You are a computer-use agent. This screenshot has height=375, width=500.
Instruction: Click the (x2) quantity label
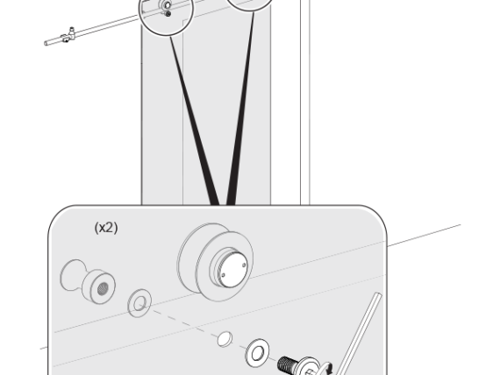(106, 228)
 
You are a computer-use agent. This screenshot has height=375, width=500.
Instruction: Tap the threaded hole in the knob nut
(103, 289)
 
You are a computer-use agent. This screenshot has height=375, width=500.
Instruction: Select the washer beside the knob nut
(139, 303)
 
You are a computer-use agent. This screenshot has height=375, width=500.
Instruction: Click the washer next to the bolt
(257, 353)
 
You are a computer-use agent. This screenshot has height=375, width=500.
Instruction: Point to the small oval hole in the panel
(225, 339)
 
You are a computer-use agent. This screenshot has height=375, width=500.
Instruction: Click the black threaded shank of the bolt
(288, 364)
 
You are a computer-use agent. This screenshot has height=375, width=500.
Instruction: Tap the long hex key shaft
(358, 334)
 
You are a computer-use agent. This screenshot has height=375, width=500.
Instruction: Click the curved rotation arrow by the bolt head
(327, 368)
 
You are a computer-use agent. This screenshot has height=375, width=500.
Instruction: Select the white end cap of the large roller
(232, 270)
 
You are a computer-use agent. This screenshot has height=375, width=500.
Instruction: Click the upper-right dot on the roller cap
(244, 265)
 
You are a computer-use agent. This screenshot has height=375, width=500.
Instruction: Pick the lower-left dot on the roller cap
(223, 275)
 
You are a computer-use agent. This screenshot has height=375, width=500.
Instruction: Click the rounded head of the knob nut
(73, 274)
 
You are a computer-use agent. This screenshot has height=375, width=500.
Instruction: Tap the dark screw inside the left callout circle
(168, 14)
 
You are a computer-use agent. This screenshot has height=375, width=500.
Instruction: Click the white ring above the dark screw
(167, 5)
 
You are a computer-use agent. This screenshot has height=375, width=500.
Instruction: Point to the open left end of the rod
(46, 43)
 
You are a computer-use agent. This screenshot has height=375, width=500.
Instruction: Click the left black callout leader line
(194, 120)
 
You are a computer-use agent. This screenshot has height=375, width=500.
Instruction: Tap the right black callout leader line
(241, 109)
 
